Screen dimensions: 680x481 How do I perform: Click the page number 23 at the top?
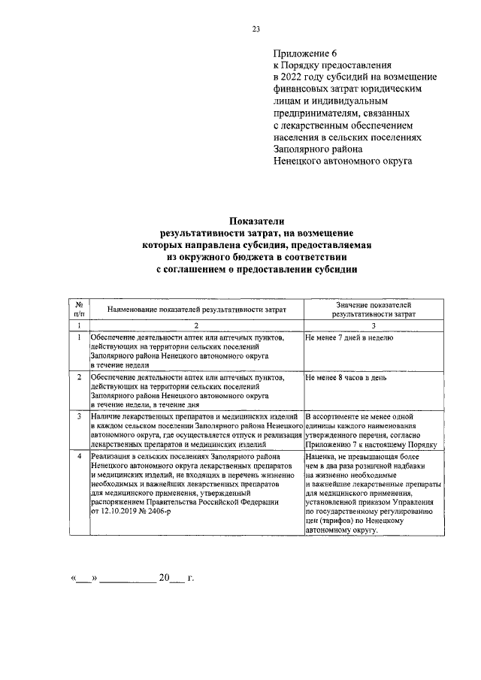256,29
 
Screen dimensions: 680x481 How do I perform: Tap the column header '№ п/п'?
79,309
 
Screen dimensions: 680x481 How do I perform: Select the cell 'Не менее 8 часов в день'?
346,377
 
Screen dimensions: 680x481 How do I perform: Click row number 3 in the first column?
79,416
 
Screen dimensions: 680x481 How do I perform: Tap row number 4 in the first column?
79,456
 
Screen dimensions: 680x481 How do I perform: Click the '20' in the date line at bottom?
162,579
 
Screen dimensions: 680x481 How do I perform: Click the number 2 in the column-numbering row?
196,325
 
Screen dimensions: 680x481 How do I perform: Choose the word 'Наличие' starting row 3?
104,416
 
